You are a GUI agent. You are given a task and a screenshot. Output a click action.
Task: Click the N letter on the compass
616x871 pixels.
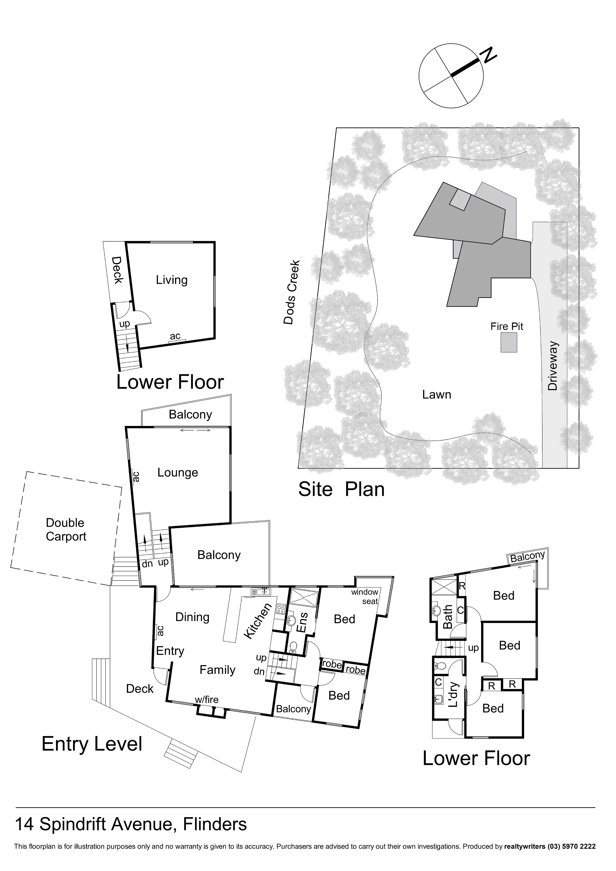489,56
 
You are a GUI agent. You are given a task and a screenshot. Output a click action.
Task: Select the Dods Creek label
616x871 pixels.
292,292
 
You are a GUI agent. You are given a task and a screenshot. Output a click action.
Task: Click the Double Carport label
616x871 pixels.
66,530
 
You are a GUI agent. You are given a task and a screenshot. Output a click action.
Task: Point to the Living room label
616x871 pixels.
172,280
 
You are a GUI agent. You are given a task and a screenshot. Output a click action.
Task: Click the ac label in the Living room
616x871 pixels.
175,336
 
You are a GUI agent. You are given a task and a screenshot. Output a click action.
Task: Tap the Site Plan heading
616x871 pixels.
341,489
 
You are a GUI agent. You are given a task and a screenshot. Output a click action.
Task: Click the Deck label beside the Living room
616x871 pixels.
117,270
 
